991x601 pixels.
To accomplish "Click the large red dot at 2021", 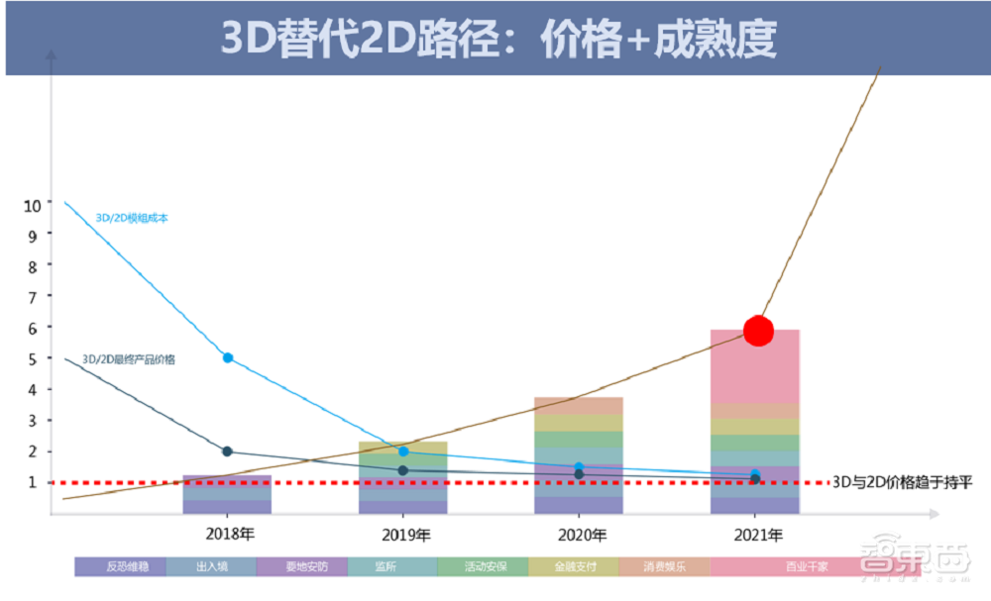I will coord(758,331).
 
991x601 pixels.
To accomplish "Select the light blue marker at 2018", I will coord(228,357).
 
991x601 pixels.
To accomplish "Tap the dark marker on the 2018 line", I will coord(228,451).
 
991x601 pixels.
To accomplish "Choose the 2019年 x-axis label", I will coord(403,536).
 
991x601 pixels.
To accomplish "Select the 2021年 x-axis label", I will coord(756,536).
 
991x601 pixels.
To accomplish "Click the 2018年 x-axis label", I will coord(228,536).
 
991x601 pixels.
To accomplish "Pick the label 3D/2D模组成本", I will coord(131,218).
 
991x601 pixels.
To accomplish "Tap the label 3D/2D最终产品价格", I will coord(129,359).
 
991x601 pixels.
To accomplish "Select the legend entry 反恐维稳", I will coord(119,567).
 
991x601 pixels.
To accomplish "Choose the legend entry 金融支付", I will coord(573,567).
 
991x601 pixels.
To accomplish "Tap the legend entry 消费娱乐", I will coord(663,567).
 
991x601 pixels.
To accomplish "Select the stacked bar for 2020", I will coord(580,455).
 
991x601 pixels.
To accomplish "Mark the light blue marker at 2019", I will coord(403,451).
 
